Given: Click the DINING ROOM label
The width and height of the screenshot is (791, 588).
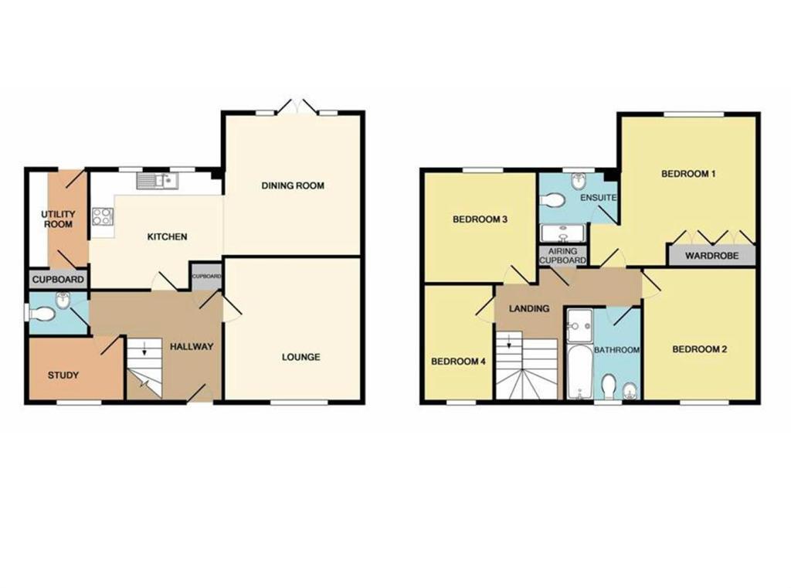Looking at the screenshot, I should tap(292, 185).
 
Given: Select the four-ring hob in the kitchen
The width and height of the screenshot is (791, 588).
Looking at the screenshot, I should tap(101, 217).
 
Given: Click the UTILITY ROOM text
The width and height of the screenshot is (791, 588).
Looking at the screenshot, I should tap(58, 219).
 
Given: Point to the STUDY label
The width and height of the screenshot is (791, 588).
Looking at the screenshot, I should tap(63, 376).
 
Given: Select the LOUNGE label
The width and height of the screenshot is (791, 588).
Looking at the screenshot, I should tap(300, 357).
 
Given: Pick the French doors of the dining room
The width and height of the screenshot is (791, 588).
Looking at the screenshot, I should tap(297, 109).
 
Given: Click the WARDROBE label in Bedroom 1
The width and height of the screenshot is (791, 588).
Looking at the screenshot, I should tap(711, 256).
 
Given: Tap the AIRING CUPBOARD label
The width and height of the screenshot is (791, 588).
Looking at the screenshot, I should tap(562, 256).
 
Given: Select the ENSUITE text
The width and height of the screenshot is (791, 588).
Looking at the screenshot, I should tap(598, 198).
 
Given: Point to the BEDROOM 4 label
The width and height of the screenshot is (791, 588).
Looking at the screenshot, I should tap(458, 361).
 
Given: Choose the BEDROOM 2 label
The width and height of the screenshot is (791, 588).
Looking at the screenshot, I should tap(699, 349).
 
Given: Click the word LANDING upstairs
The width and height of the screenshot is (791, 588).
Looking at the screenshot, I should tap(529, 308).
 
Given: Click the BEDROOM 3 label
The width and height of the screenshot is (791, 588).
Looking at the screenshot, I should tap(479, 219).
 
